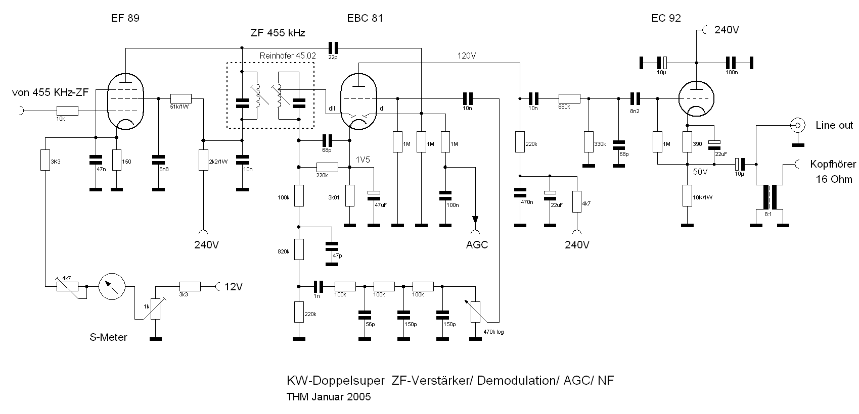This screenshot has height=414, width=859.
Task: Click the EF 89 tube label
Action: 125,18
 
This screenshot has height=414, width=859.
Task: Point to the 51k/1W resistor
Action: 181,98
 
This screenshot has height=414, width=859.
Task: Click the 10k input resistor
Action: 67,111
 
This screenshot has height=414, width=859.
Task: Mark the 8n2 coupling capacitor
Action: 636,98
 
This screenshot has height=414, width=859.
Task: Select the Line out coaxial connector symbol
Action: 797,125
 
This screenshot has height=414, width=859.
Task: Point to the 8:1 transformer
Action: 769,197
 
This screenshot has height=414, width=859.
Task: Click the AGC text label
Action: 477,245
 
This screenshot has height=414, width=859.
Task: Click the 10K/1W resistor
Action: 687,195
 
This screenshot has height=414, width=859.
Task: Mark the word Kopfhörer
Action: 833,164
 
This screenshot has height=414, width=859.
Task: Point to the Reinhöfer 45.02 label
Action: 287,56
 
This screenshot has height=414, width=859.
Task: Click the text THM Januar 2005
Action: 329,396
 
